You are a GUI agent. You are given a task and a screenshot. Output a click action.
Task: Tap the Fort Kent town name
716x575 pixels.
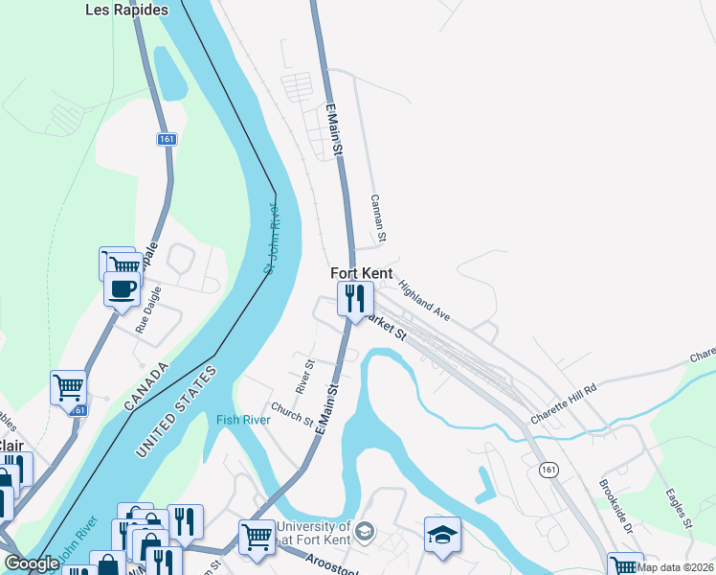[362, 273]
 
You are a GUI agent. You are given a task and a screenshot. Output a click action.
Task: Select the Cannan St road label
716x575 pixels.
[378, 218]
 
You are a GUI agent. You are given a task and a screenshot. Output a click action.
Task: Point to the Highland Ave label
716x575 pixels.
[424, 300]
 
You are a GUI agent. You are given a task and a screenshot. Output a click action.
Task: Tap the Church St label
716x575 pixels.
[292, 413]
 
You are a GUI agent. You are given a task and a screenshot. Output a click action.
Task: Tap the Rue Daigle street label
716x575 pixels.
[147, 312]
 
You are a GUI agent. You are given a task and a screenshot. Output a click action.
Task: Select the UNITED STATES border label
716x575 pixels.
[179, 410]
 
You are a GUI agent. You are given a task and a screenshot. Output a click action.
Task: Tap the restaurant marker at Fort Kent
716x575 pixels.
[353, 298]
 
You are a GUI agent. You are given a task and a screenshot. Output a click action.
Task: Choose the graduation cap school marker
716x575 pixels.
[442, 534]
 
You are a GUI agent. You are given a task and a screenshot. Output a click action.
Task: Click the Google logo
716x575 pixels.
[32, 564]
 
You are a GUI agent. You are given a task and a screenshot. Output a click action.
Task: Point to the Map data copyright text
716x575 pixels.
[672, 567]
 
